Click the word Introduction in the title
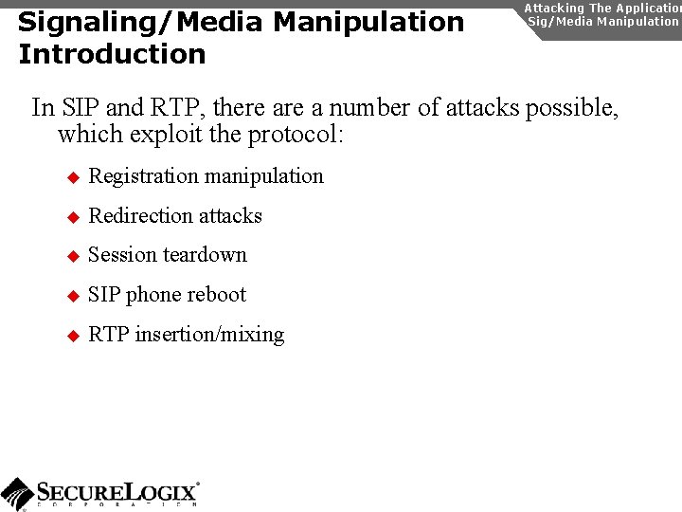coord(112,54)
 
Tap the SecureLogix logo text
coord(117,492)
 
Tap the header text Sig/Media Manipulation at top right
coord(603,21)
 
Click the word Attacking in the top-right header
coord(555,8)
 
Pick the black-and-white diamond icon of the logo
coord(17,494)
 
